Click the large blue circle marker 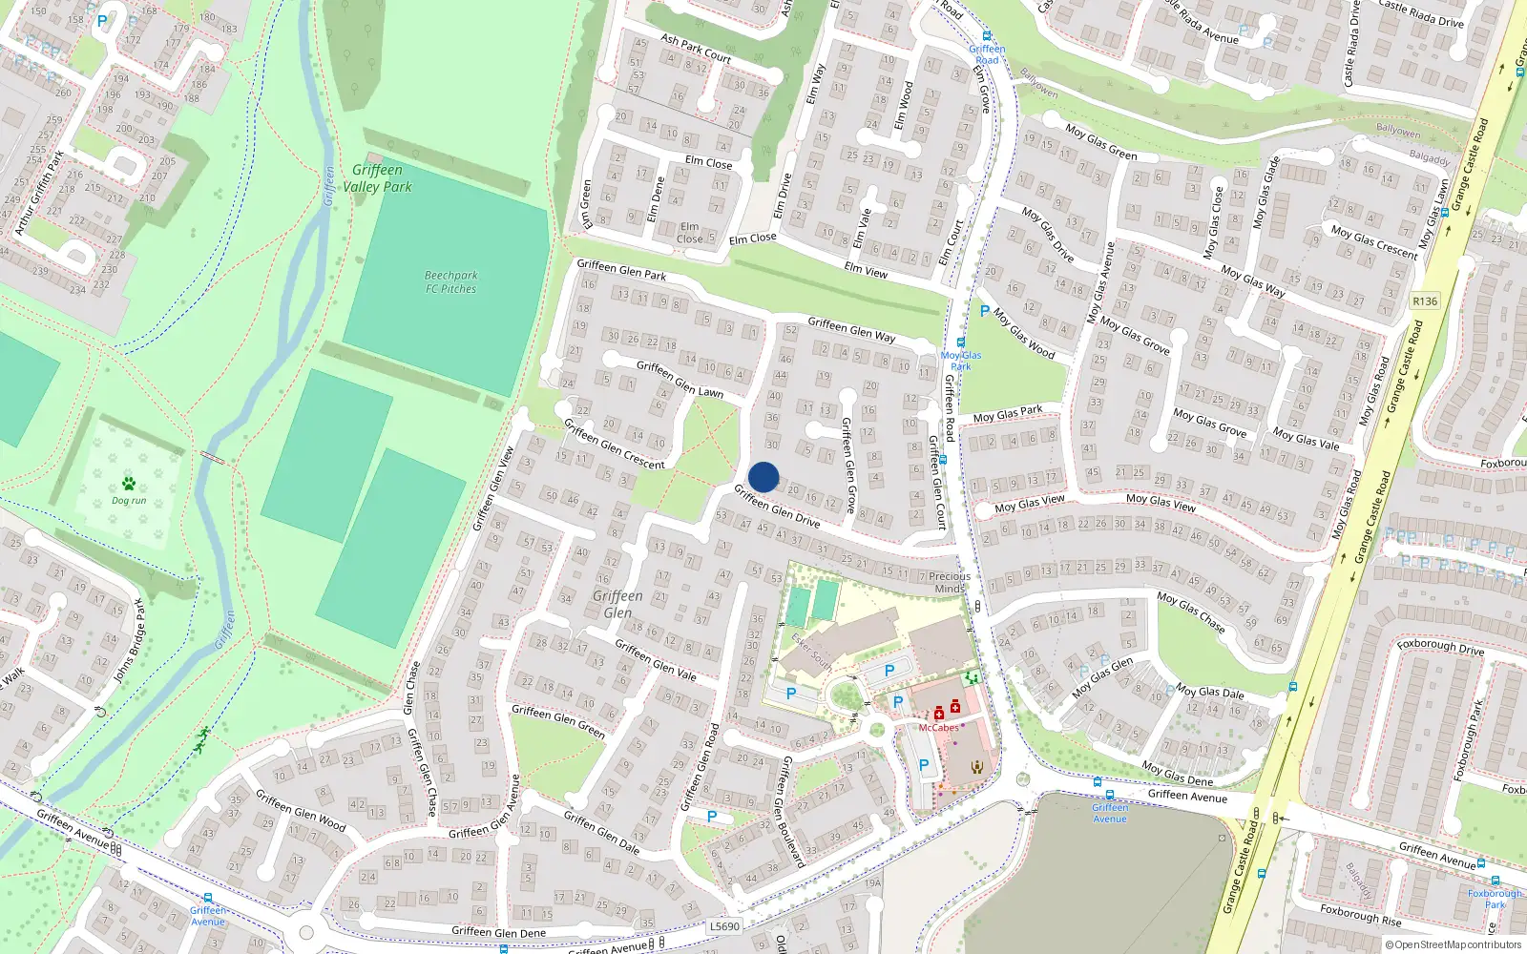763,477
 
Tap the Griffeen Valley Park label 378,178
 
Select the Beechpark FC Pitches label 451,281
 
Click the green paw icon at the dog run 129,484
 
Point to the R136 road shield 1425,301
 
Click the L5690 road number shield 724,926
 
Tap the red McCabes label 938,728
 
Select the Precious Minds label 950,582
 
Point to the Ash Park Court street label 696,50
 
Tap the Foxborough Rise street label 1361,914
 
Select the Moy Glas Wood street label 1024,333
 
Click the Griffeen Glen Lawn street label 680,379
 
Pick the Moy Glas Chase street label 1191,612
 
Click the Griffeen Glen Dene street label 498,932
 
